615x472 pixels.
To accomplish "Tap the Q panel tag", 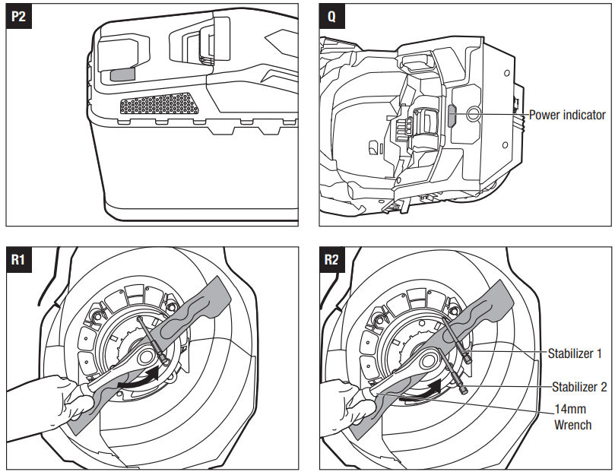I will tap(331, 17).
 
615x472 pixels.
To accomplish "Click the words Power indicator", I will tap(567, 115).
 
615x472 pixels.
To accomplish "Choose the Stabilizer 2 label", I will tap(577, 387).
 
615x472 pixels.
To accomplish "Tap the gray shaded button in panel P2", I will tap(122, 74).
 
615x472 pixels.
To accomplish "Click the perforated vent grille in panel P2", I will tap(160, 105).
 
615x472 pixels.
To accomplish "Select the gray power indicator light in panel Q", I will tap(451, 116).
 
